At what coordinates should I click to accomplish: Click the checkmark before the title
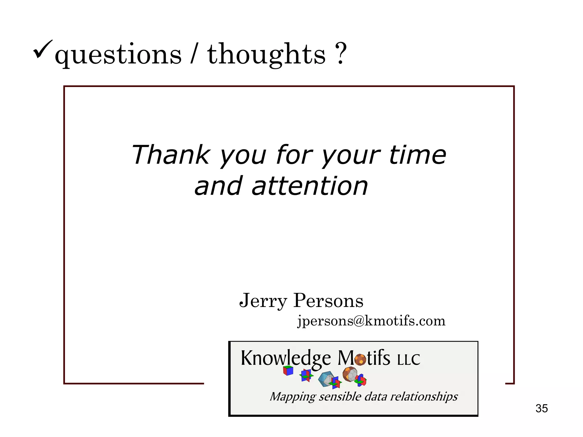click(x=43, y=49)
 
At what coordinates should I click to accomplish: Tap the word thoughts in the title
click(x=266, y=54)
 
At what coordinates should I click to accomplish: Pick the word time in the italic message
click(x=417, y=155)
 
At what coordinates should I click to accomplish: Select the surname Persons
click(x=328, y=300)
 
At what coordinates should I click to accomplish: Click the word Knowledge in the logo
click(x=286, y=358)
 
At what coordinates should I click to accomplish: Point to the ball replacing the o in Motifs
click(x=360, y=360)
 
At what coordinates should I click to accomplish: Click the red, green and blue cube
click(x=288, y=371)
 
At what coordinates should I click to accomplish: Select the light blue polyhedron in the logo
click(x=326, y=379)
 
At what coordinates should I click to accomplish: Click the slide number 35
click(x=541, y=409)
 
